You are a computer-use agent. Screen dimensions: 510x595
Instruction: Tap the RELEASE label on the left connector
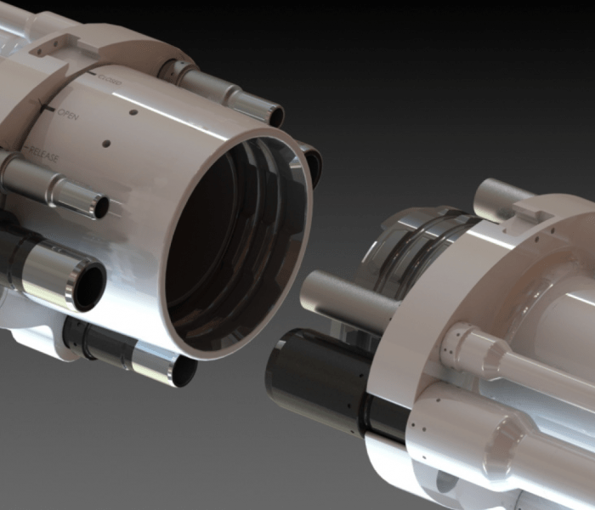point(46,152)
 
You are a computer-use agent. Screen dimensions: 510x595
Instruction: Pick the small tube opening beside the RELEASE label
point(99,207)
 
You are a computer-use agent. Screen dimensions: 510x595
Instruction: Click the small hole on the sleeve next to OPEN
point(133,110)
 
